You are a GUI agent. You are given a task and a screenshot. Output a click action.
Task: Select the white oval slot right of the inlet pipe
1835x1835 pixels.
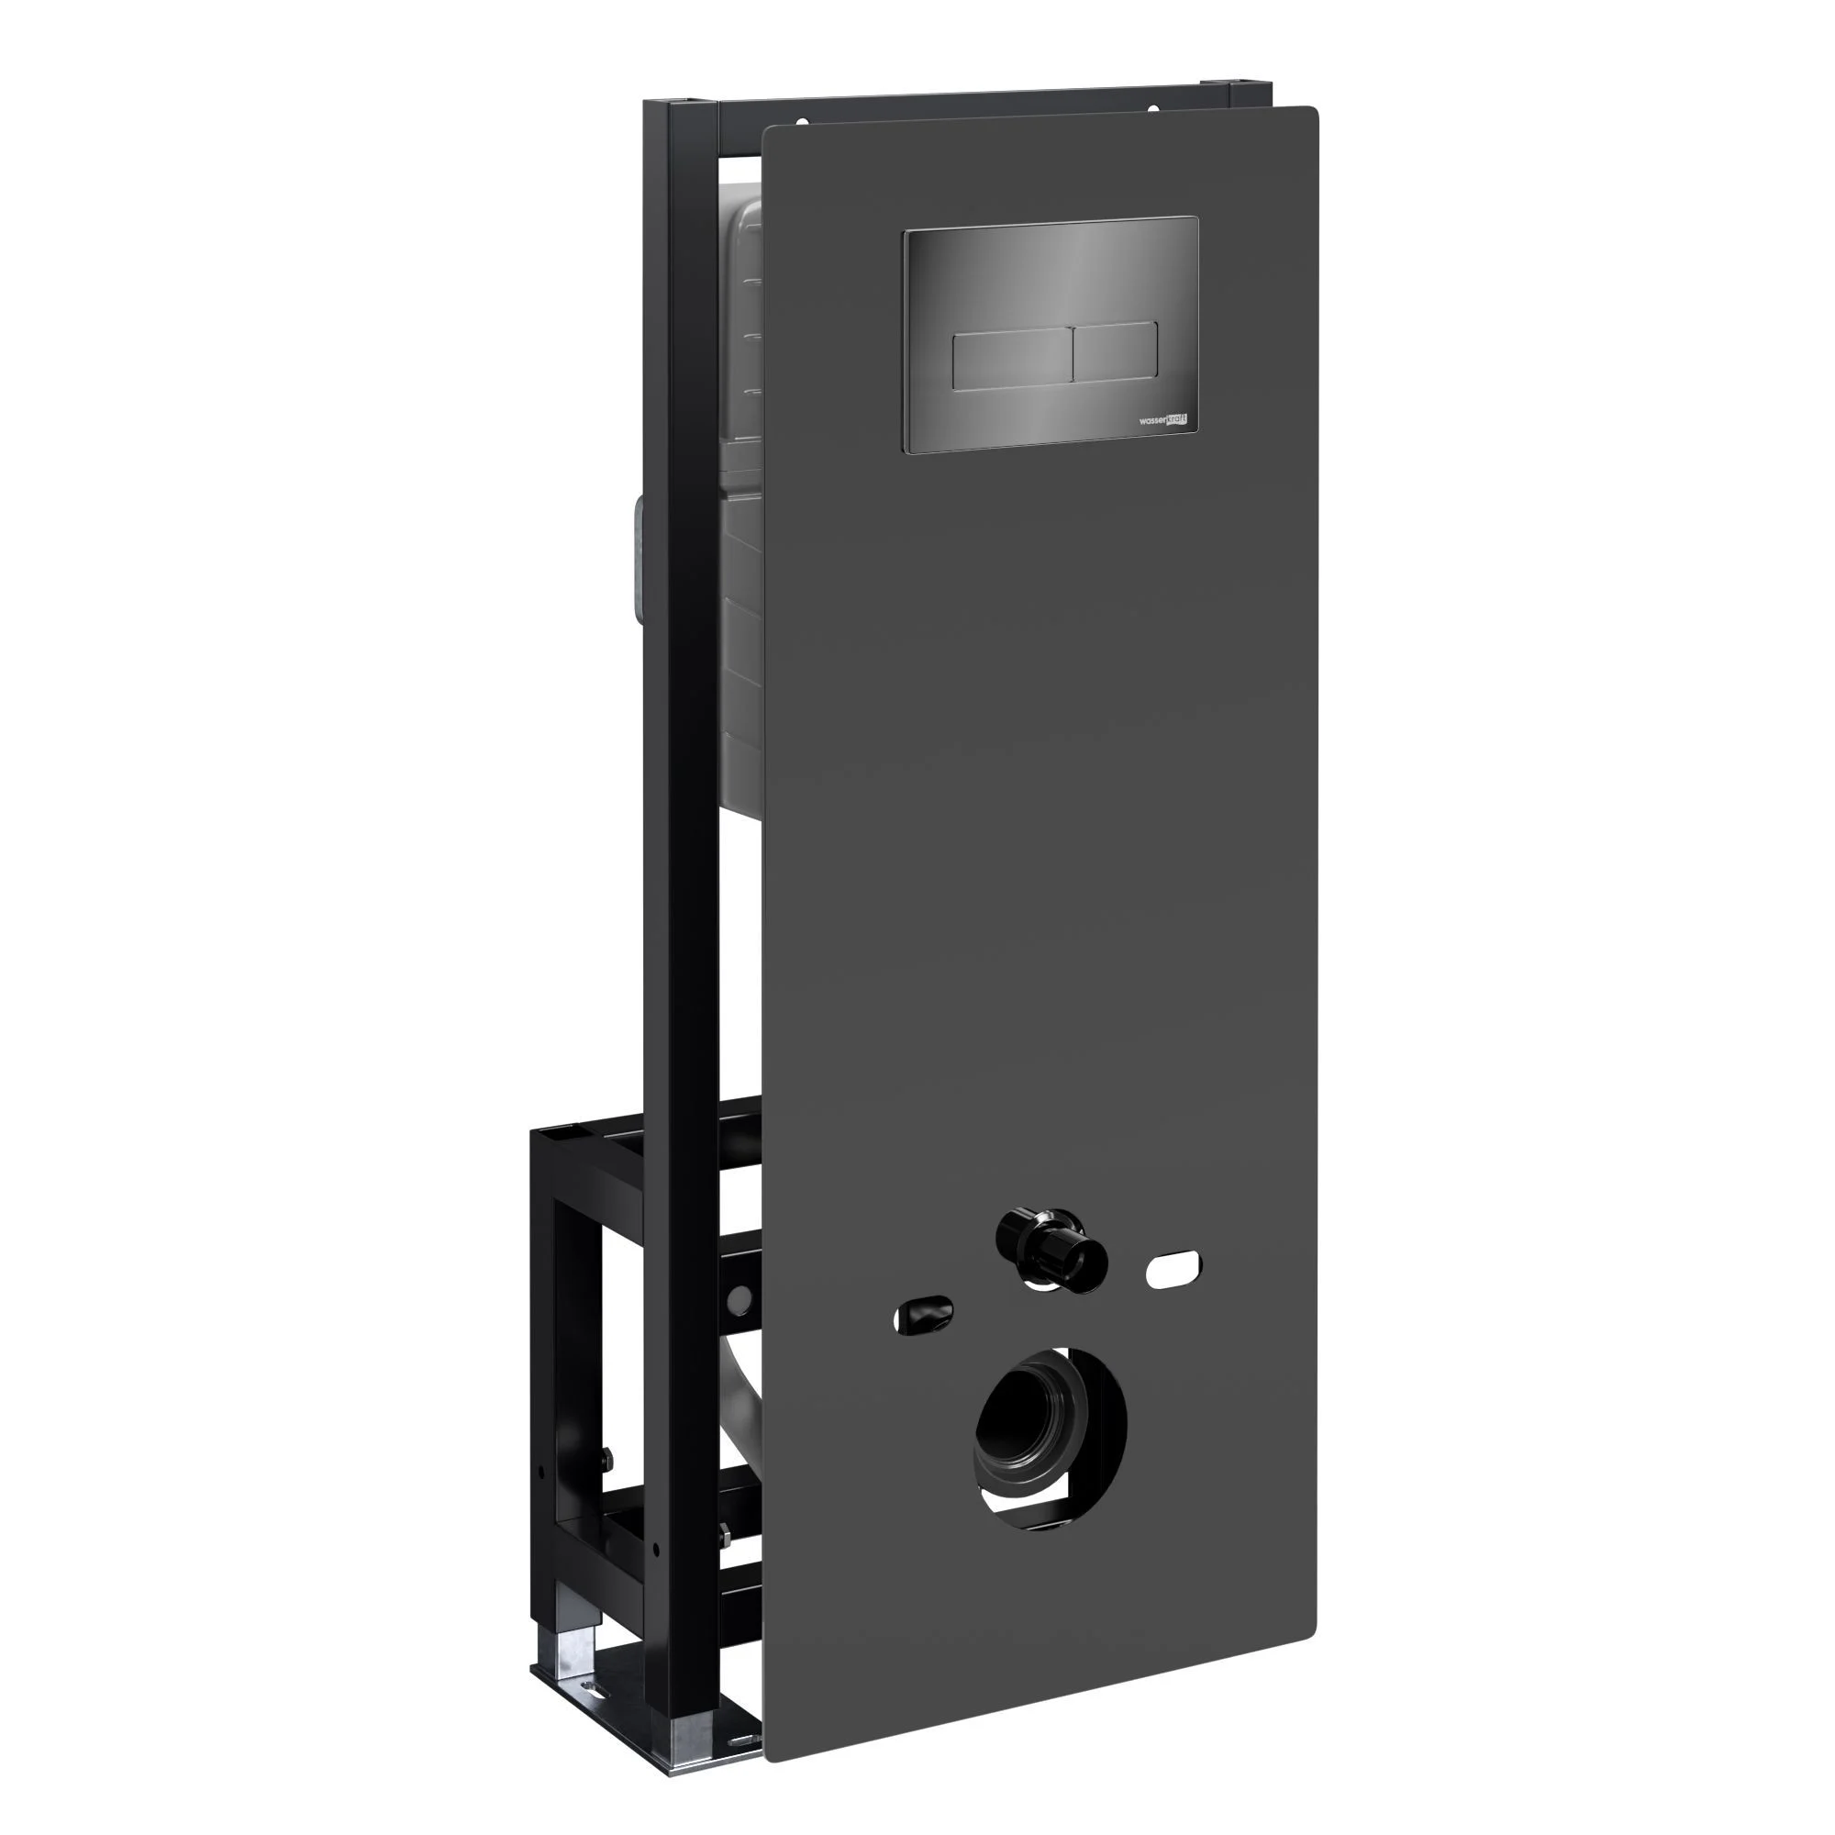1174,1270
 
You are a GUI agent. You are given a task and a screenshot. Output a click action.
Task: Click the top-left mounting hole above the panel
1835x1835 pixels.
802,122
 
